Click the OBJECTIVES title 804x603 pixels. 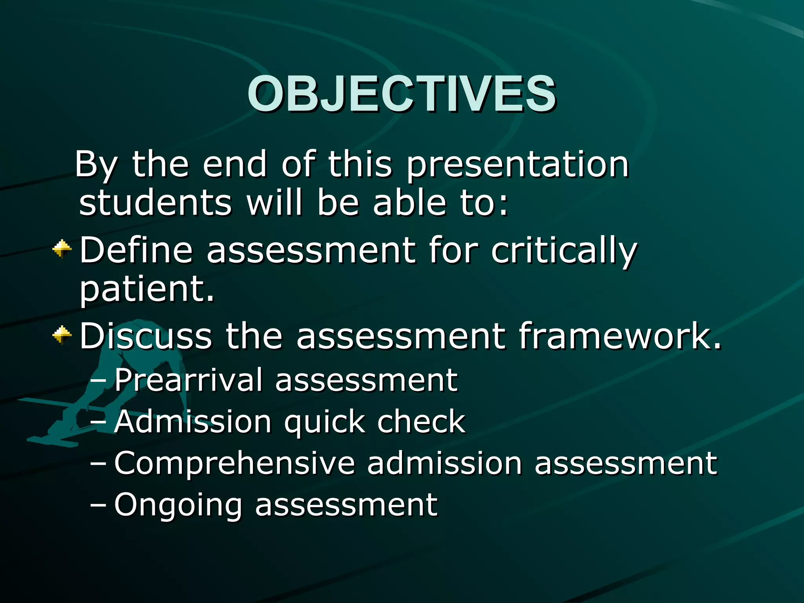point(401,94)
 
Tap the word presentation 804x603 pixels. point(518,165)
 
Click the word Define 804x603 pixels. point(136,250)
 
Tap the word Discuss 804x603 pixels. point(146,336)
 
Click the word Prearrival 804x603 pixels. point(188,380)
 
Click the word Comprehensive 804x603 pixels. point(234,463)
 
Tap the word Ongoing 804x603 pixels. point(178,506)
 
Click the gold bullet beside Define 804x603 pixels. point(62,249)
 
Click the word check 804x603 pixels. point(421,422)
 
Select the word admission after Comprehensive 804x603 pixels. point(444,463)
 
